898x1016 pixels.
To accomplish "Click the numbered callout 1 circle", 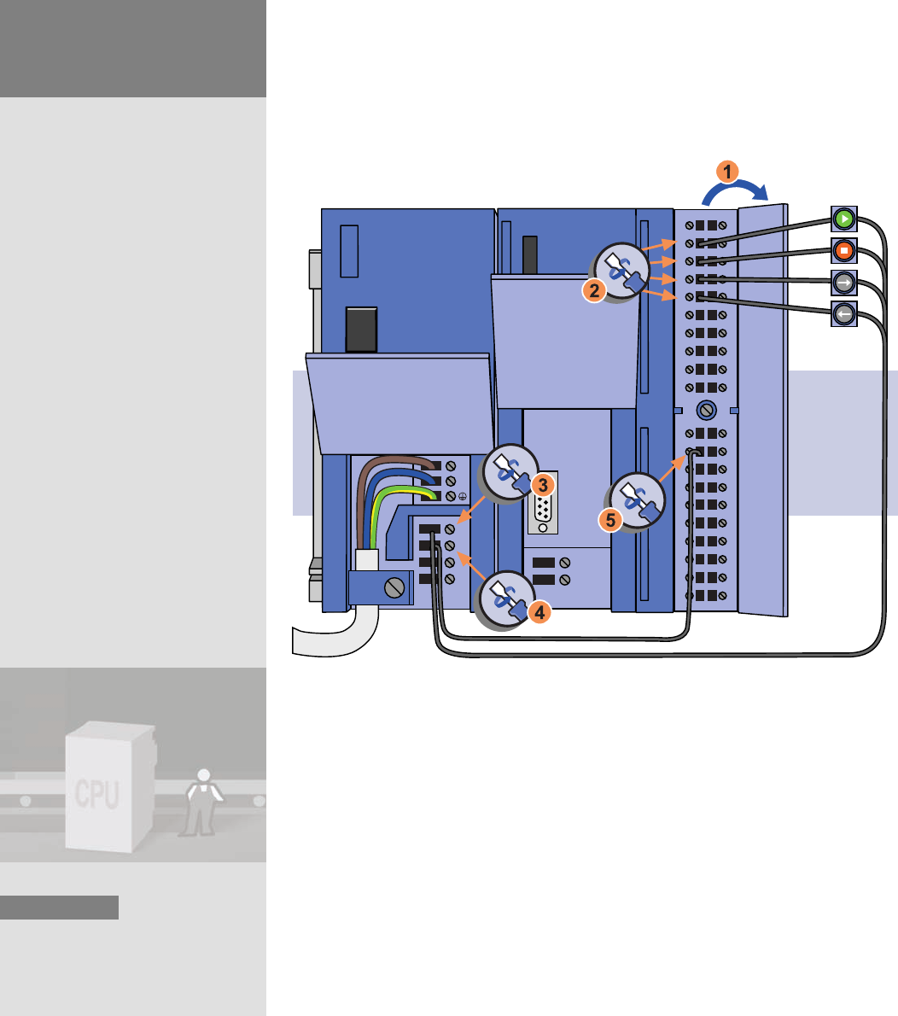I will click(726, 172).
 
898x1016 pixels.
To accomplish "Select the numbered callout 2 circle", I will click(592, 291).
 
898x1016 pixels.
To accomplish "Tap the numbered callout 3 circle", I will click(541, 484).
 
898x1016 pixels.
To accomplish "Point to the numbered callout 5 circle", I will click(610, 517).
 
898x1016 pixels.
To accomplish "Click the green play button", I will click(843, 219).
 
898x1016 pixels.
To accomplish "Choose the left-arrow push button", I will click(843, 314).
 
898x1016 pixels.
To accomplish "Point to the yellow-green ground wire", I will click(401, 493).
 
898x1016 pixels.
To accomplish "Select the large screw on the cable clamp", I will click(394, 588).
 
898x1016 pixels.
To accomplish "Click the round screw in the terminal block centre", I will click(705, 410).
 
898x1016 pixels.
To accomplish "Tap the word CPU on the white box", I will click(96, 793).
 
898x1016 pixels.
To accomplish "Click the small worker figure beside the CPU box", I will click(202, 803).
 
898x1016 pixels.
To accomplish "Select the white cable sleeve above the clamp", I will click(367, 560).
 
